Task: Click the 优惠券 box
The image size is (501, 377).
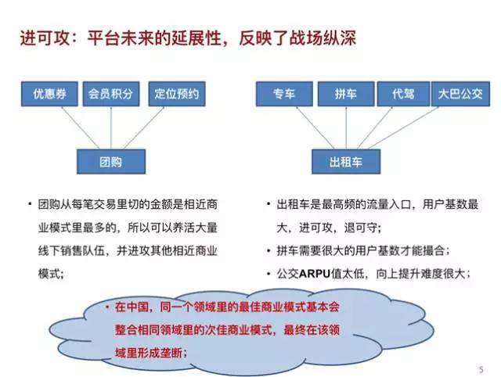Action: coord(49,94)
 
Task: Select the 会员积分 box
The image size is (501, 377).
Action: coord(111,94)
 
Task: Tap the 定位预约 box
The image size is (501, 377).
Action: coord(177,94)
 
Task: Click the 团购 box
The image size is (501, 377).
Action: coord(111,162)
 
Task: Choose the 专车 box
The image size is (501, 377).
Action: coord(284,94)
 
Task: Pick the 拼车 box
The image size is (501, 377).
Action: coord(346,94)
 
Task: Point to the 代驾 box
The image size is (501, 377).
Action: coord(403,94)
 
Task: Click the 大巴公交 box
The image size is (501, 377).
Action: coord(460,94)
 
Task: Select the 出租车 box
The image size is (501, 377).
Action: coord(346,162)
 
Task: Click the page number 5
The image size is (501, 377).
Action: coord(481,370)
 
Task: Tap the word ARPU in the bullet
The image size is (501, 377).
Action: coord(315,274)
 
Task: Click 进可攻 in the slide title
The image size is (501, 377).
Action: coord(45,38)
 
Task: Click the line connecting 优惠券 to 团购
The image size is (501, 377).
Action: coord(80,127)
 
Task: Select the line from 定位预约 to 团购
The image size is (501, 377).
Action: coord(144,127)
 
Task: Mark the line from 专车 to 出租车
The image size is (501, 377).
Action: coord(315,127)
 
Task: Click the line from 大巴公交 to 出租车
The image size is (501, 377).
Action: coord(403,127)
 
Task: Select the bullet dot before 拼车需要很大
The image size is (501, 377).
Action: coord(269,251)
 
